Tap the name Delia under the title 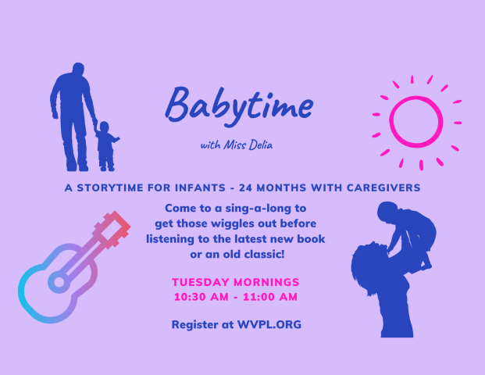[x=261, y=145]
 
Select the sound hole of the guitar [x=59, y=282]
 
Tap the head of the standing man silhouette [x=78, y=69]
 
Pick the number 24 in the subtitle [x=245, y=187]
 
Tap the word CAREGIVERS [x=383, y=187]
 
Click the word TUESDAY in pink [x=201, y=282]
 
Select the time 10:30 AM [x=201, y=297]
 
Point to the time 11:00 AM [x=270, y=297]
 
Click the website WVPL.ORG [x=269, y=324]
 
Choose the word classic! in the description [x=264, y=255]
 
